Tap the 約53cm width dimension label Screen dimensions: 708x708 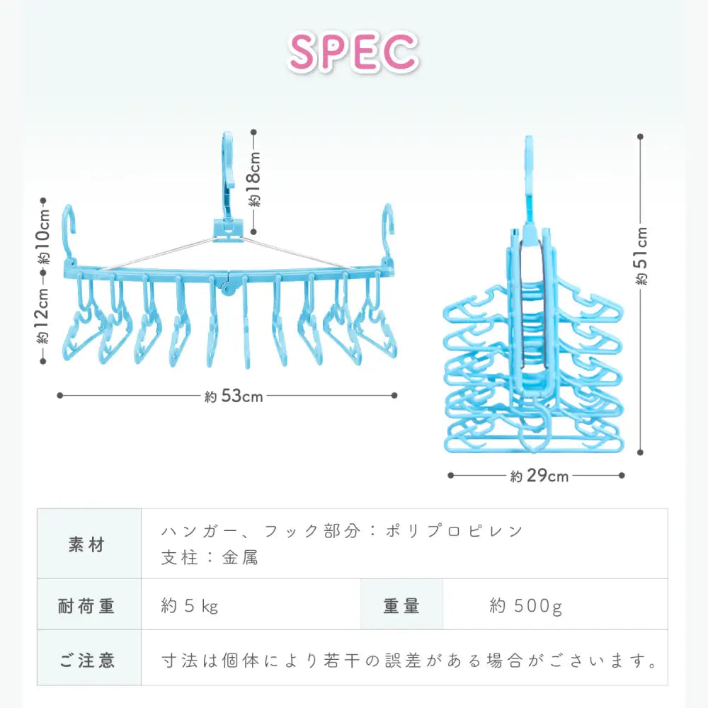point(234,396)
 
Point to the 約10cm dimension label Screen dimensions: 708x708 point(43,235)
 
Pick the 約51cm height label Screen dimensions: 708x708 point(641,256)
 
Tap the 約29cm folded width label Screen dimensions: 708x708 point(539,476)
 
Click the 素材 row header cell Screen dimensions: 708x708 point(88,545)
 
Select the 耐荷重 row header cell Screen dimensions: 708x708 point(88,605)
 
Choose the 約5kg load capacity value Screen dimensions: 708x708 point(190,605)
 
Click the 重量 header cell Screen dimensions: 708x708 point(401,605)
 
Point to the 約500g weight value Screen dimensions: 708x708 point(525,605)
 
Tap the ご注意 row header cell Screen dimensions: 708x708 point(88,661)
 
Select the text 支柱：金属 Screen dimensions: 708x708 point(210,558)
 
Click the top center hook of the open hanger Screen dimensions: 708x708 point(228,163)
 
